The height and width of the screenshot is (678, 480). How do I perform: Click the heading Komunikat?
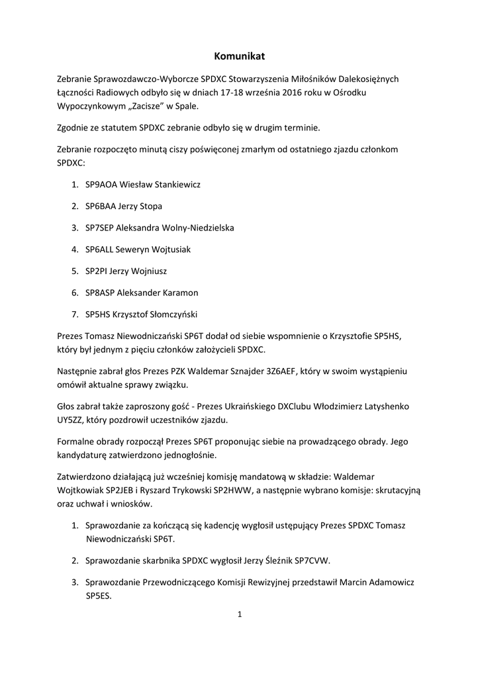point(240,57)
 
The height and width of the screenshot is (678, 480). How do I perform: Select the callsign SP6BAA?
point(100,206)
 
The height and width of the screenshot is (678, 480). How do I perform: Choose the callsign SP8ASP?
point(99,293)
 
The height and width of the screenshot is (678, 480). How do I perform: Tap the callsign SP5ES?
point(98,595)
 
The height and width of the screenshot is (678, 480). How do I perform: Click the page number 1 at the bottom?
point(240,614)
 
